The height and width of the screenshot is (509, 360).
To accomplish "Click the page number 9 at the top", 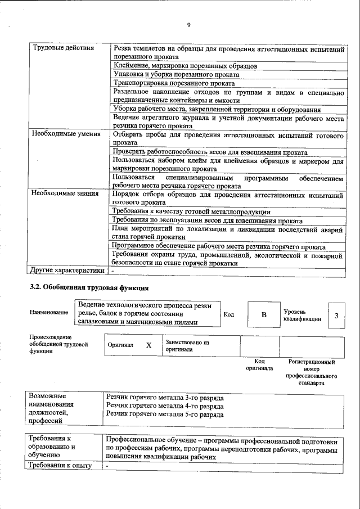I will pos(188,25).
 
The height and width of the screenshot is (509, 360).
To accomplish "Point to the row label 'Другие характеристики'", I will pos(67,270).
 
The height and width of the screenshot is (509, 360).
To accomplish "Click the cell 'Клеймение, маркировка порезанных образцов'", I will pos(185,66).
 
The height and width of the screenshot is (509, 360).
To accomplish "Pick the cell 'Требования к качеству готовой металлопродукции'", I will pos(191,211).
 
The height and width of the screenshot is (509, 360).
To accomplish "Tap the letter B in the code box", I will pos(263,315).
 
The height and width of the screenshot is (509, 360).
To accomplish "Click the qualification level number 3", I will pos(336,316).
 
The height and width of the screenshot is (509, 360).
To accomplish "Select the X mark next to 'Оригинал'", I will pos(148,346).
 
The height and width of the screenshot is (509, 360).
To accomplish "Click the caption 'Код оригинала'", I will pos(259,364).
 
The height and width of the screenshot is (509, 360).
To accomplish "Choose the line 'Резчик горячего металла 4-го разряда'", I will pos(165,406).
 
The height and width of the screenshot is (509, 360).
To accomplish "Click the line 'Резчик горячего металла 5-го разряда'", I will pos(165,415).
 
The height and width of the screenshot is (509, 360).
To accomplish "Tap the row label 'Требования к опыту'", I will pos(60,466).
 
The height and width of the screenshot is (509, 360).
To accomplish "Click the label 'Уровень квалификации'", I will pos(302,315).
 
